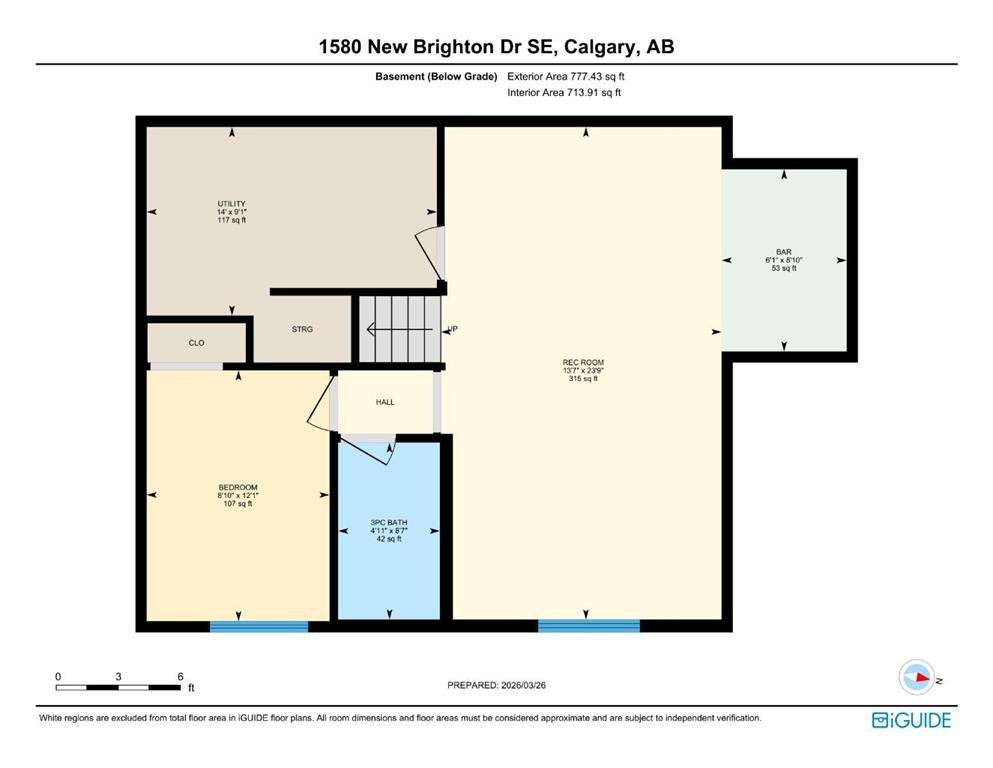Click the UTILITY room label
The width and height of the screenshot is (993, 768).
click(232, 204)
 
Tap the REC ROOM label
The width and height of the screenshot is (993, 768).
click(583, 363)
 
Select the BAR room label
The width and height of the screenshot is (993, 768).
click(784, 252)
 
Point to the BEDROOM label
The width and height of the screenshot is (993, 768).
click(238, 488)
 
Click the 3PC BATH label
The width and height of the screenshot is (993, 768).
click(389, 523)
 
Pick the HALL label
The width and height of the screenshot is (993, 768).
click(385, 402)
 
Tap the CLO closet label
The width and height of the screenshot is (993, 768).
click(196, 343)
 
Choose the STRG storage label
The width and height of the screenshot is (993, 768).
click(302, 329)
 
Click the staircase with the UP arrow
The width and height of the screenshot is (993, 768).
click(400, 329)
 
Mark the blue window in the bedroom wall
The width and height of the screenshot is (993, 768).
click(259, 626)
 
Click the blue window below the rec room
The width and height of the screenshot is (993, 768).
click(589, 626)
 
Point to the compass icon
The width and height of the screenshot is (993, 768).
click(917, 677)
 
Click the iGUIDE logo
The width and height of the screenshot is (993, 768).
click(911, 721)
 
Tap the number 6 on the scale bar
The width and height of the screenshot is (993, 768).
click(180, 677)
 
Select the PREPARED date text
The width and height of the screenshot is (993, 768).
click(496, 685)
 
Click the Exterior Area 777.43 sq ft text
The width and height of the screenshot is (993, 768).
click(566, 77)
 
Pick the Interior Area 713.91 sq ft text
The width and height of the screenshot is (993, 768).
click(564, 92)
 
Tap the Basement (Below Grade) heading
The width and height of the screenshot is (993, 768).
click(436, 77)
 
